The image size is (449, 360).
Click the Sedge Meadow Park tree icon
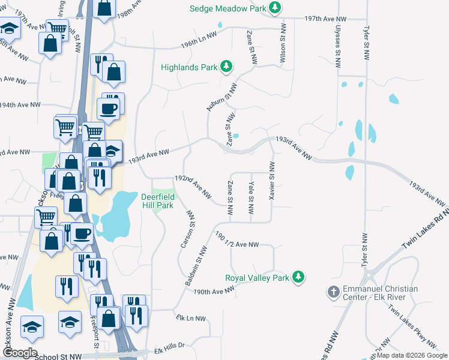tap(275, 8)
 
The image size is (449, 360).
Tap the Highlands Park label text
tap(188, 68)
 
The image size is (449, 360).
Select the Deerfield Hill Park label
tap(157, 201)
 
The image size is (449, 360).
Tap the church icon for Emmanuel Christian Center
tap(333, 292)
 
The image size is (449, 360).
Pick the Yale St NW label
tap(251, 199)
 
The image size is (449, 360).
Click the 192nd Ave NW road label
tap(193, 186)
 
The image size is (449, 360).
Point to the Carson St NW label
tap(189, 229)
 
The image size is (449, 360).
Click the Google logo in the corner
tap(20, 353)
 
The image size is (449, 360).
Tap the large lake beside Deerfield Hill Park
tap(116, 216)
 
